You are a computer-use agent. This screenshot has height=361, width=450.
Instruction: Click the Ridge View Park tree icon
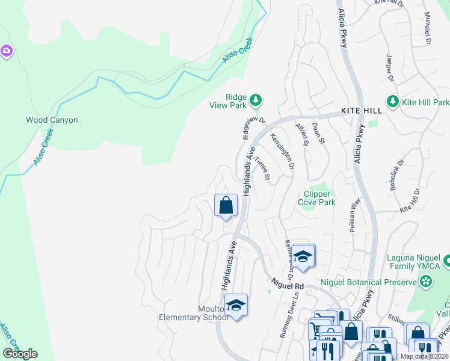click(x=256, y=99)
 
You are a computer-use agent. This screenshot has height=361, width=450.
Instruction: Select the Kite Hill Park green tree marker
click(x=393, y=100)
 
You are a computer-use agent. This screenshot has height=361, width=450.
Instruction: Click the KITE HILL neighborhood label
click(x=361, y=111)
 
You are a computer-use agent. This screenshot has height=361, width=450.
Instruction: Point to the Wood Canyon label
click(x=52, y=120)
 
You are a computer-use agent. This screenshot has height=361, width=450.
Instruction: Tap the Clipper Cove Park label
click(x=319, y=198)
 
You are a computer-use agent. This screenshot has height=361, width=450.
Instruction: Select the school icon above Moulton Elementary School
click(x=236, y=305)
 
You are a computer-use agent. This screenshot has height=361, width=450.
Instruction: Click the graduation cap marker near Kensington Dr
click(x=304, y=256)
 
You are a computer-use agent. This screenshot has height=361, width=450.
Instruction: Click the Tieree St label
click(x=262, y=168)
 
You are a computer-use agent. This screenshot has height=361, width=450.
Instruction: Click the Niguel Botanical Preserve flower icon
click(x=426, y=281)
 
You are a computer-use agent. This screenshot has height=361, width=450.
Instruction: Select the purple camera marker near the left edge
click(x=7, y=51)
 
